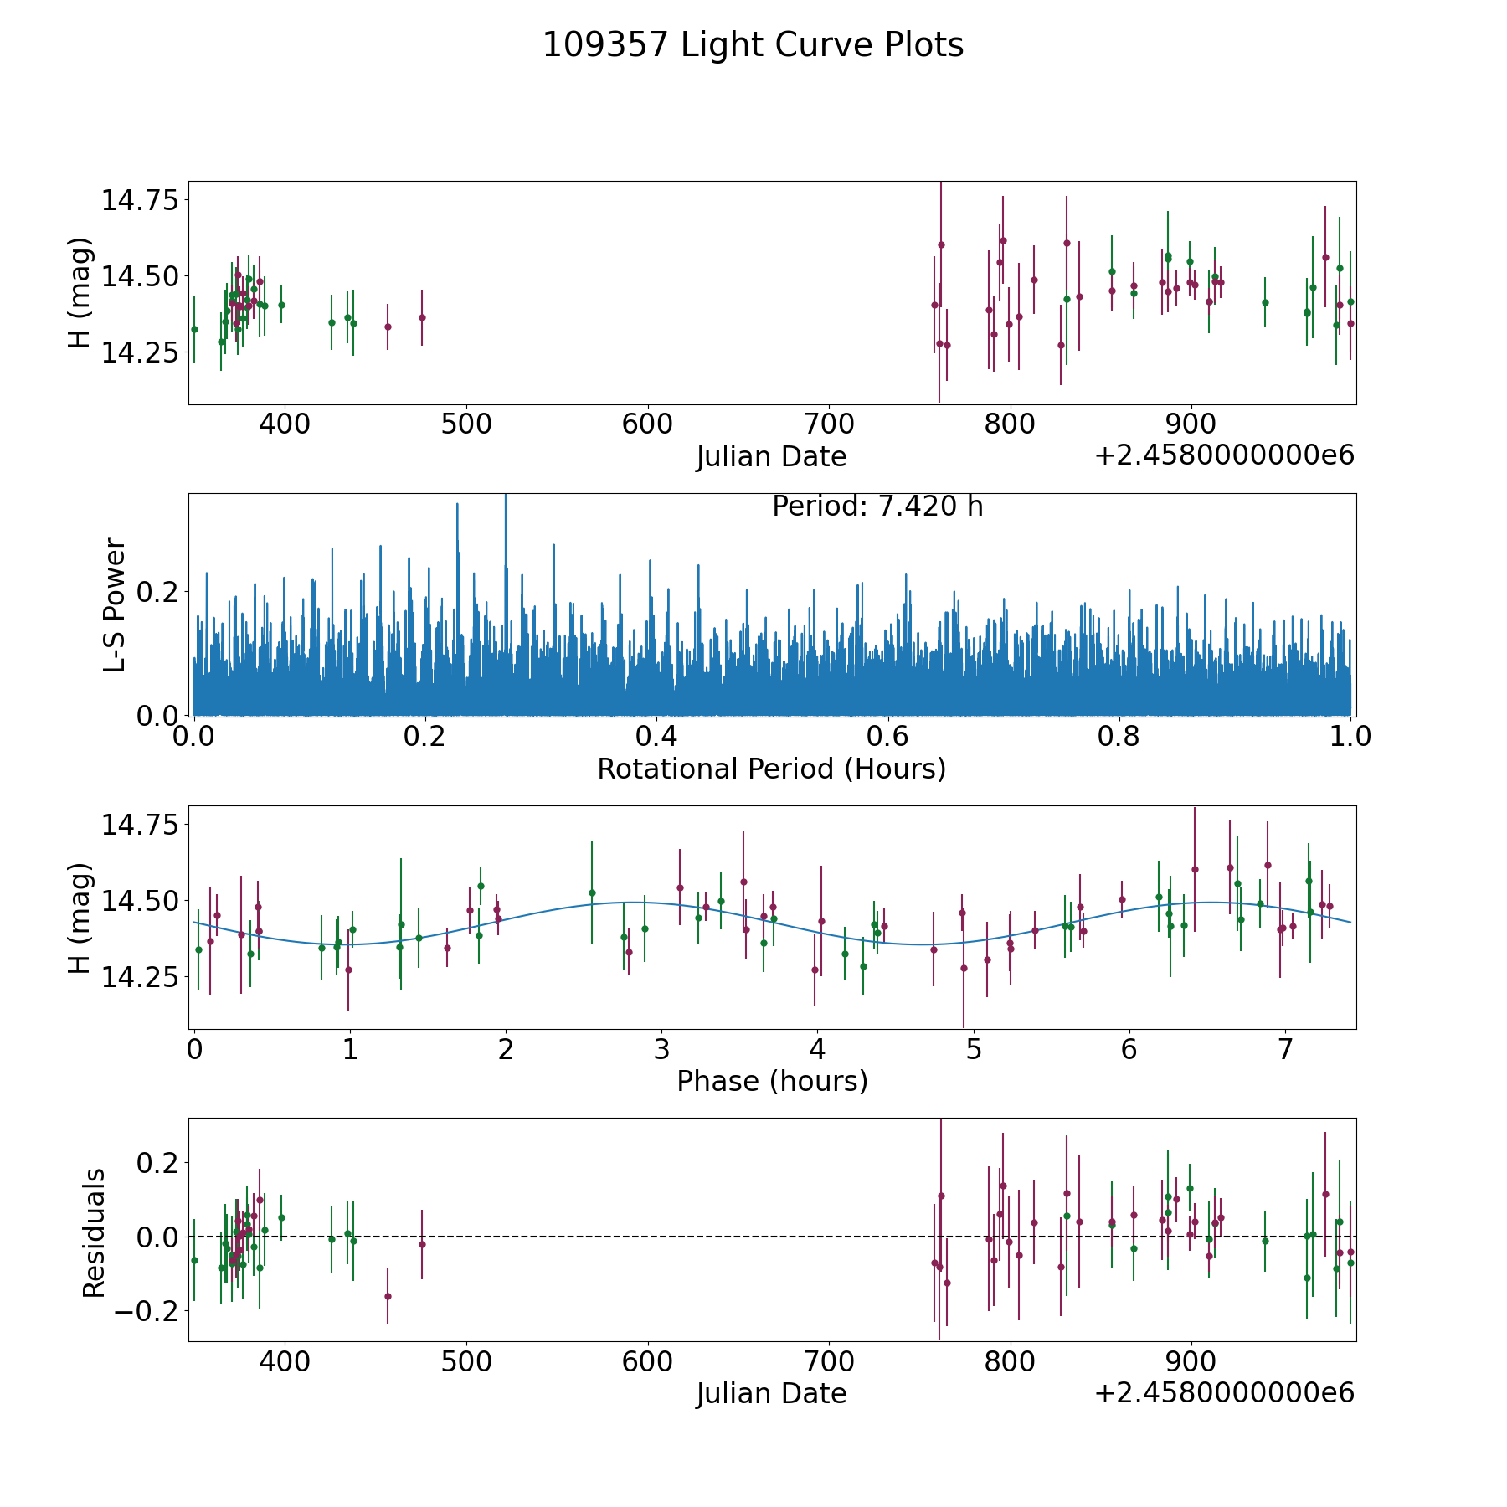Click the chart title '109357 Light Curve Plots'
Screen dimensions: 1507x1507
coord(753,45)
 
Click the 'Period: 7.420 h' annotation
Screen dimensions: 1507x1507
coord(877,507)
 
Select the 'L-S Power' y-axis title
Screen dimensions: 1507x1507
coord(115,604)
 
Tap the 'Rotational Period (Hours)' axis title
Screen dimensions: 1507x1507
coord(771,769)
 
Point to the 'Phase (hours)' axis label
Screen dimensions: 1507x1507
coord(772,1081)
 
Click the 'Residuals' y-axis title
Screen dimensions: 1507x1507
coord(94,1232)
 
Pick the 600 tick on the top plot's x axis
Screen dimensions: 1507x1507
coord(647,424)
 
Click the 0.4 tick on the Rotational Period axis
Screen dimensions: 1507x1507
coord(656,737)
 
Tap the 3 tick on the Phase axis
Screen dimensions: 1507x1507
coord(661,1049)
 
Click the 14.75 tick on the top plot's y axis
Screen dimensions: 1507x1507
coord(141,201)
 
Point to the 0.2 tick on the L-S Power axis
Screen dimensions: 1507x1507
coord(159,592)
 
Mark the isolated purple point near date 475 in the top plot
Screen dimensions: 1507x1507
coord(422,317)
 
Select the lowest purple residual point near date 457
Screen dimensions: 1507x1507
coord(388,1296)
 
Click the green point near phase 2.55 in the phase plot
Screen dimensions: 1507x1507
coord(592,892)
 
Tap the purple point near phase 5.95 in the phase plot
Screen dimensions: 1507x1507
coord(1122,899)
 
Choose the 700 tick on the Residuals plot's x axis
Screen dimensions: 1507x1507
coord(829,1361)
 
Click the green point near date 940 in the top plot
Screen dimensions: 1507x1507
coord(1265,302)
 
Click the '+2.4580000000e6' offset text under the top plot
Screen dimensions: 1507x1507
coord(1224,456)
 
